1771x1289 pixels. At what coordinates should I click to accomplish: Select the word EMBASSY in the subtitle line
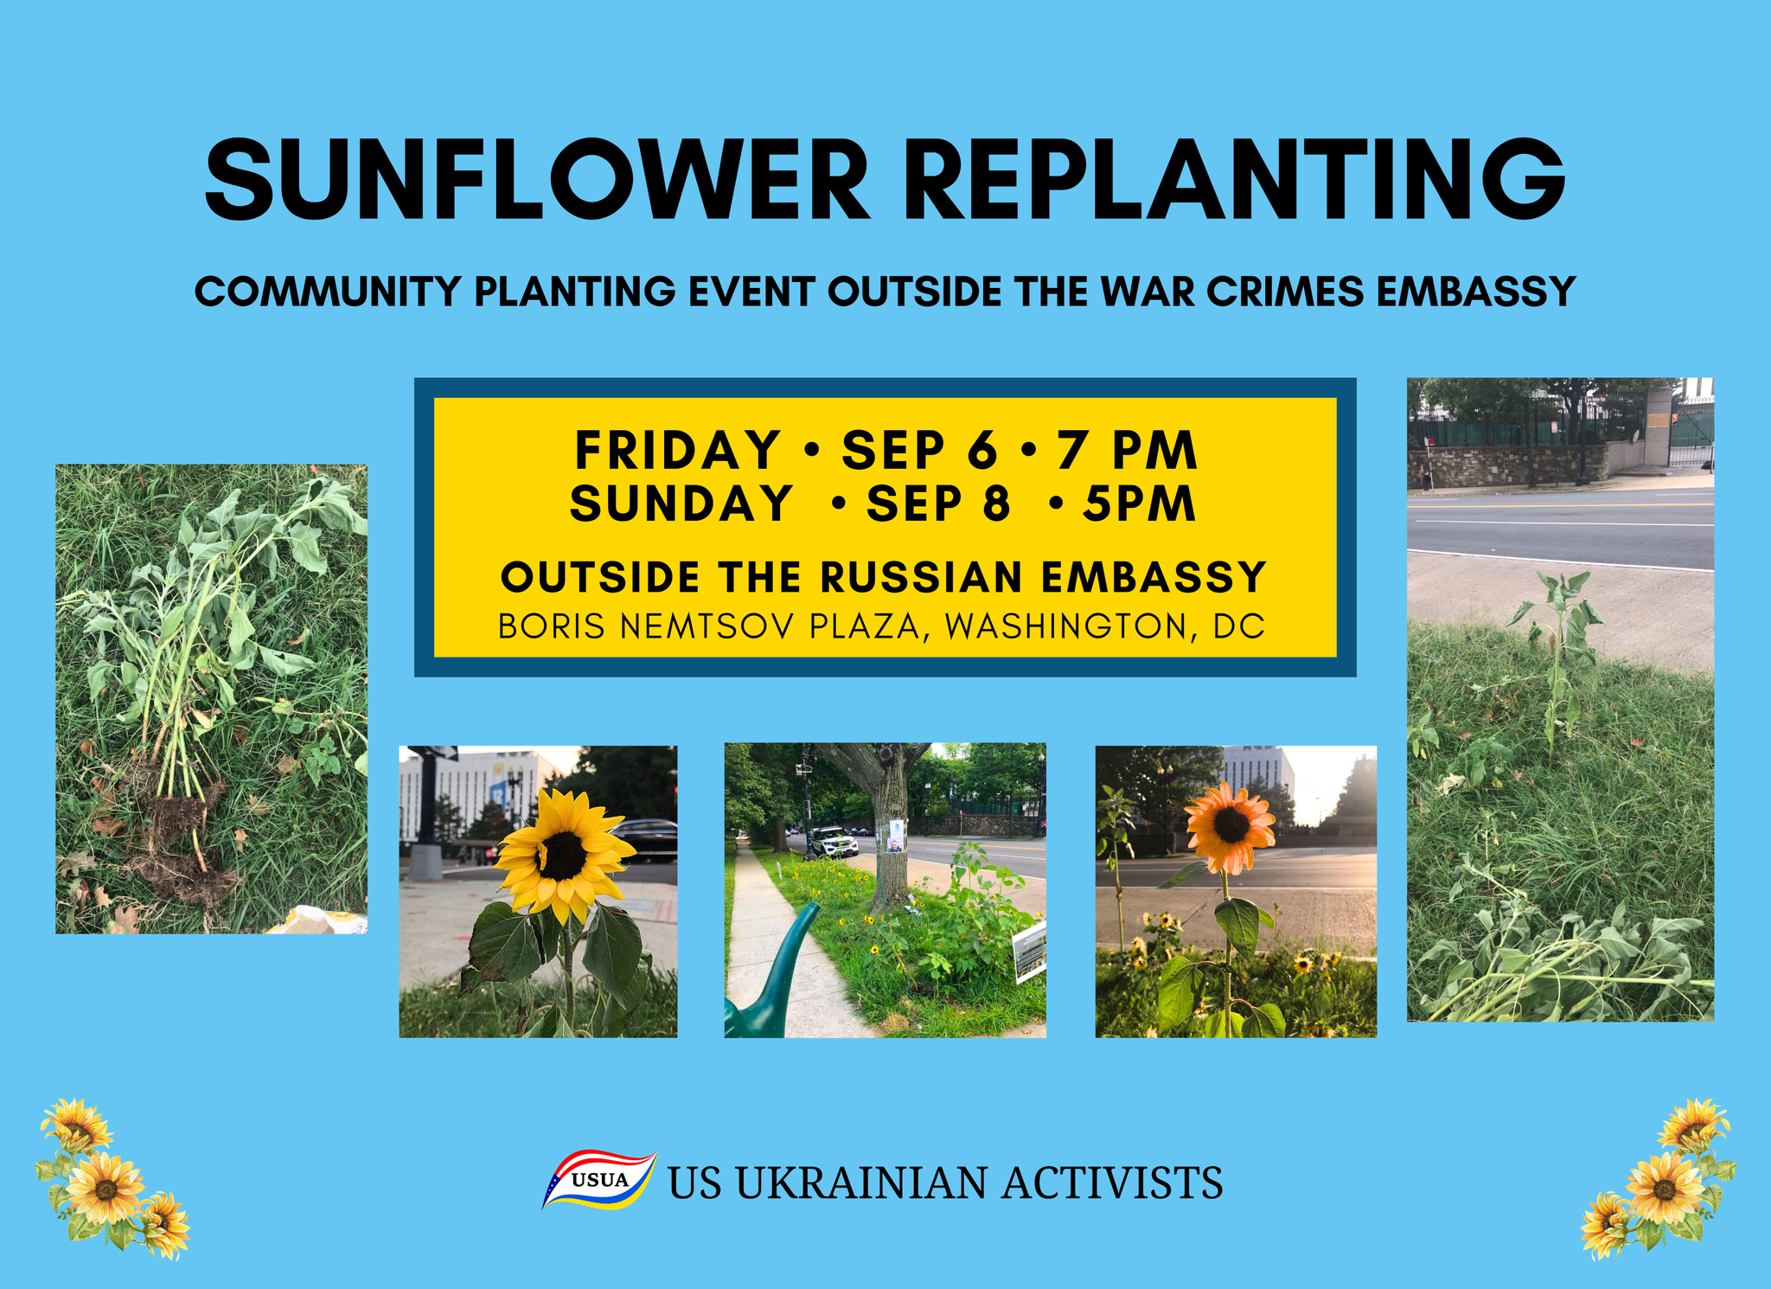pyautogui.click(x=1475, y=292)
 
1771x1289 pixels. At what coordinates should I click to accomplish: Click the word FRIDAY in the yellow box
pyautogui.click(x=678, y=450)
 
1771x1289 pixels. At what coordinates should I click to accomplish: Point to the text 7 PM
pyautogui.click(x=1126, y=450)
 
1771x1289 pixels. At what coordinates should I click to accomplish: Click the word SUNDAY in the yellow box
pyautogui.click(x=681, y=503)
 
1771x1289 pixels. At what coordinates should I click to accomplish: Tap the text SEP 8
pyautogui.click(x=937, y=503)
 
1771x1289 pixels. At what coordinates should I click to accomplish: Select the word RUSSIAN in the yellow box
pyautogui.click(x=921, y=577)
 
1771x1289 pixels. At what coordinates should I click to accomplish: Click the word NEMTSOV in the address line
pyautogui.click(x=706, y=626)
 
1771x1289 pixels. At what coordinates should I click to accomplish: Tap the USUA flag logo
pyautogui.click(x=599, y=1179)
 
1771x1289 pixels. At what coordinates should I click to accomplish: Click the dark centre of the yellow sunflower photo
pyautogui.click(x=564, y=854)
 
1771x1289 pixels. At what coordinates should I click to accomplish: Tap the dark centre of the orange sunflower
pyautogui.click(x=1231, y=824)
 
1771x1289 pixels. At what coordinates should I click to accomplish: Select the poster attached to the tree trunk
pyautogui.click(x=896, y=837)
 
